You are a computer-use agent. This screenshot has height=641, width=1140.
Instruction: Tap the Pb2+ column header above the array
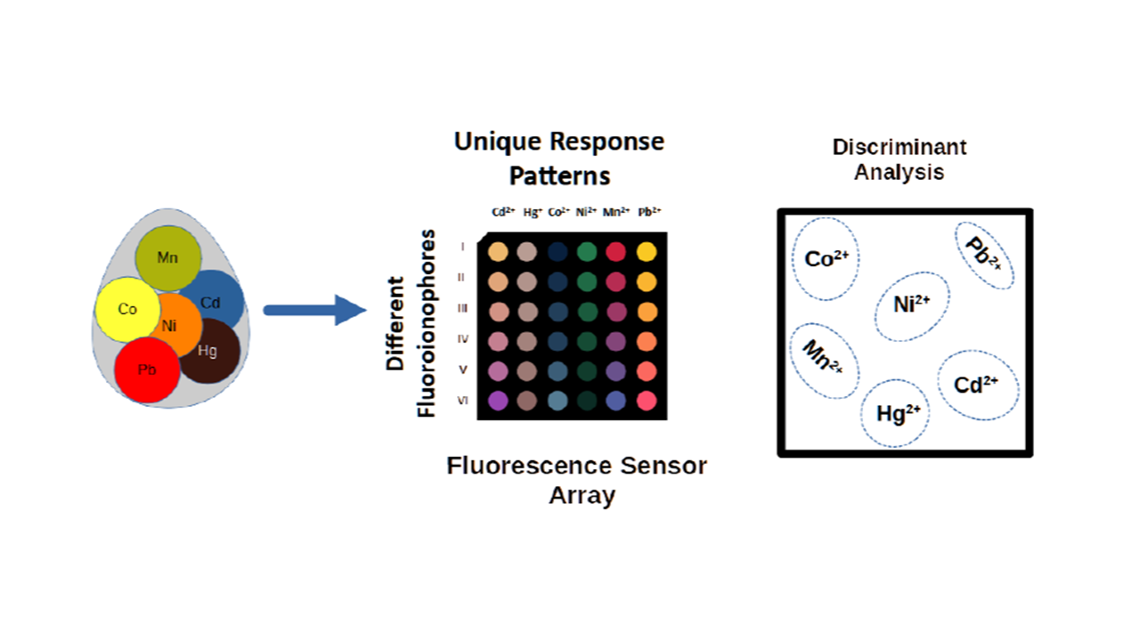click(648, 212)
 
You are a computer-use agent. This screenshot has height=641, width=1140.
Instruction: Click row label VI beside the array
click(462, 401)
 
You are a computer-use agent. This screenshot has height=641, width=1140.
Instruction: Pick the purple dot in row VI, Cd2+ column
click(498, 401)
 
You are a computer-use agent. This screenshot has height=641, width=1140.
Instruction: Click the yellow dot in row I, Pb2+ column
click(647, 252)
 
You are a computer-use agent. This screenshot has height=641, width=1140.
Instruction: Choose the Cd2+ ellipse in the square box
click(978, 385)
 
